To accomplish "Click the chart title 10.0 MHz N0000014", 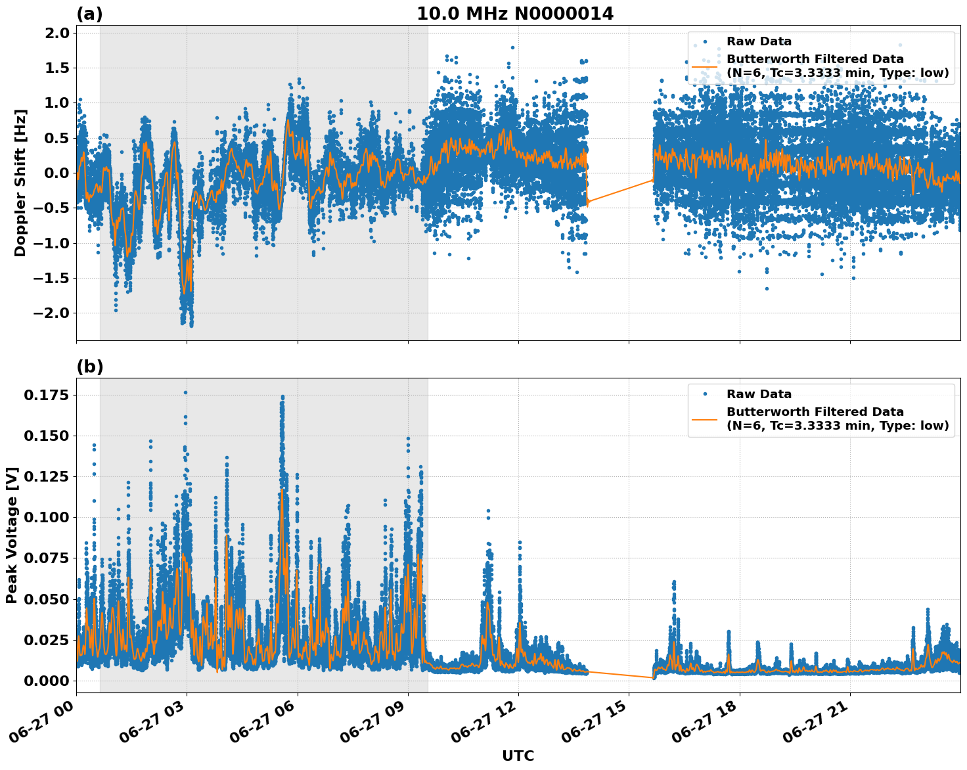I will [515, 14].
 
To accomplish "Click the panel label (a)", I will [89, 14].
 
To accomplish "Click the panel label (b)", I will [89, 367].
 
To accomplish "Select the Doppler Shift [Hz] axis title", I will [20, 183].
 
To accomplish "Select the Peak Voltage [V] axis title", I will [12, 535].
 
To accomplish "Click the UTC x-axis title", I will [518, 756].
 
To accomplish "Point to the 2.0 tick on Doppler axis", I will [56, 34].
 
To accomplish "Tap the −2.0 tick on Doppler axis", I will [51, 313].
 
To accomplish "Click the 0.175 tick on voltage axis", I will [46, 395].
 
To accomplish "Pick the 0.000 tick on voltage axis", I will [46, 681].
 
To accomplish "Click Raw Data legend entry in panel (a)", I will [759, 41].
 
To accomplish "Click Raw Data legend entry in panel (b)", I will [759, 394].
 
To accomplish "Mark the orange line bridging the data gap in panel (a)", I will [620, 191].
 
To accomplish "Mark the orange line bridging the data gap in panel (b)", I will [620, 674].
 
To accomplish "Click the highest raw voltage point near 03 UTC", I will [185, 392].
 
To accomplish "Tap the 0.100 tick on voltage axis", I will [46, 518].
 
